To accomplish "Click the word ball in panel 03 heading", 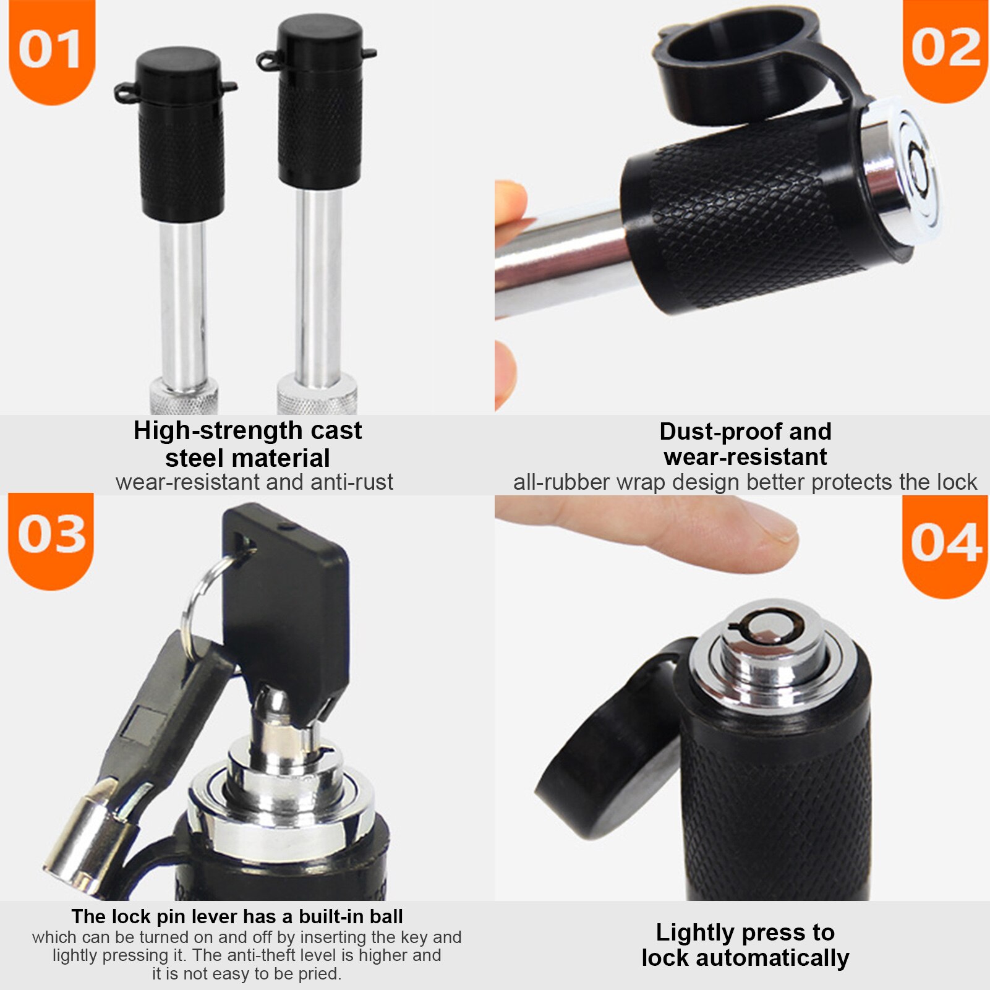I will pyautogui.click(x=386, y=916).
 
